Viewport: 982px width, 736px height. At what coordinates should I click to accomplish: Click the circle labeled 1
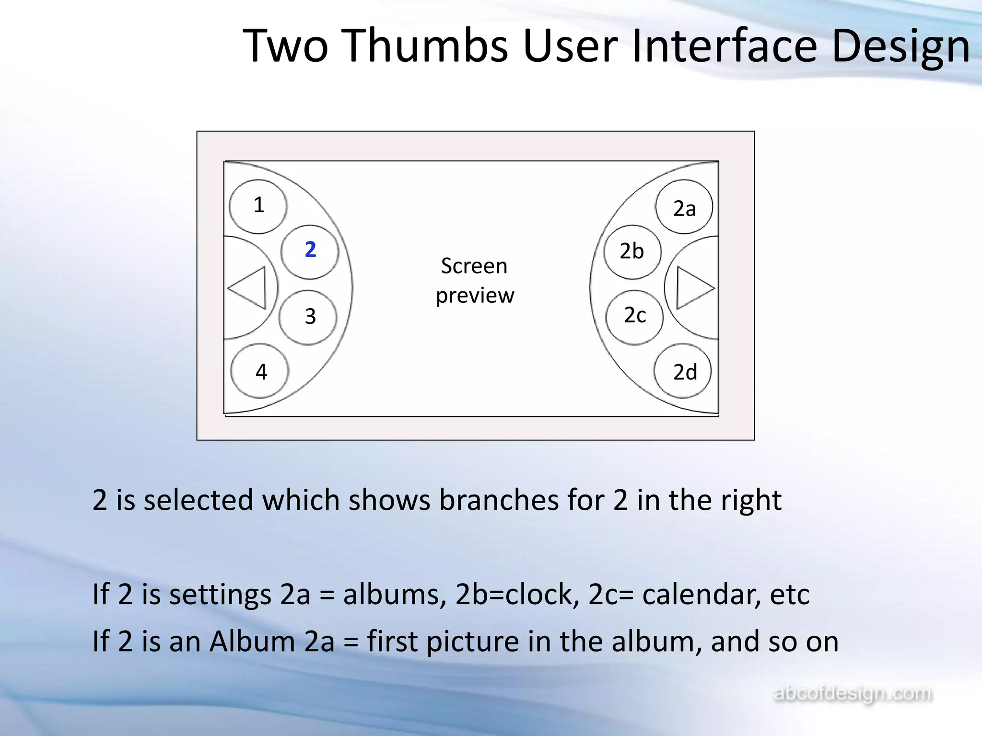pyautogui.click(x=258, y=206)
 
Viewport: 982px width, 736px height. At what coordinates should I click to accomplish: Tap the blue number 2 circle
pyautogui.click(x=310, y=251)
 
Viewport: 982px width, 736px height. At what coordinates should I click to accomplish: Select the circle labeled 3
pyautogui.click(x=308, y=317)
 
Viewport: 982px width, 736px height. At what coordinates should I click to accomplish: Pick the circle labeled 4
pyautogui.click(x=260, y=371)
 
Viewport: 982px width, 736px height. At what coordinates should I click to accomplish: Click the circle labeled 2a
pyautogui.click(x=684, y=207)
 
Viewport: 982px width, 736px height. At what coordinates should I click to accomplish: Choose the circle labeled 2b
pyautogui.click(x=632, y=252)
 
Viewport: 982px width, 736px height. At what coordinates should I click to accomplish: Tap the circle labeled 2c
pyautogui.click(x=634, y=317)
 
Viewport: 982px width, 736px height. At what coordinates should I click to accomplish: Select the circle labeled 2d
pyautogui.click(x=683, y=371)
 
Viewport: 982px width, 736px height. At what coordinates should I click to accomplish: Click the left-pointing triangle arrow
pyautogui.click(x=249, y=287)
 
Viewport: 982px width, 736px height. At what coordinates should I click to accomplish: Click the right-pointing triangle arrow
pyautogui.click(x=693, y=288)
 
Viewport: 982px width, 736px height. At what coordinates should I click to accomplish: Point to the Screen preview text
pyautogui.click(x=475, y=281)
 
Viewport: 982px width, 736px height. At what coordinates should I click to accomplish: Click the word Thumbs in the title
pyautogui.click(x=426, y=46)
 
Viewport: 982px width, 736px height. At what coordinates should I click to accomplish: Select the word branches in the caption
pyautogui.click(x=499, y=500)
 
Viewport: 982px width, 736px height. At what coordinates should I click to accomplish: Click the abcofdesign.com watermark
pyautogui.click(x=853, y=693)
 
